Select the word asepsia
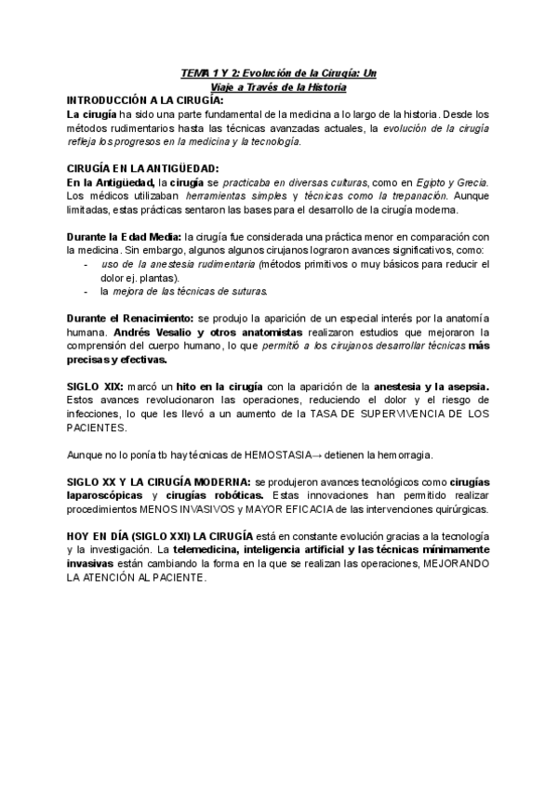pos(466,386)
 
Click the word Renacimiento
pos(153,319)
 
